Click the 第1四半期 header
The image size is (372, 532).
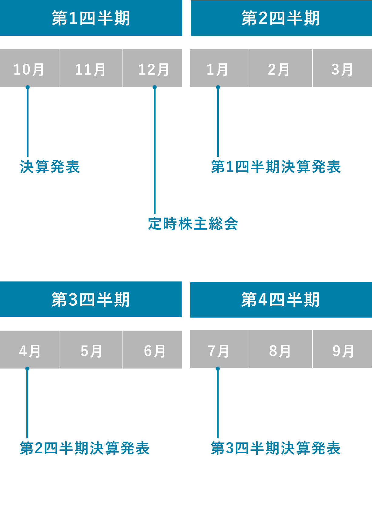pos(91,18)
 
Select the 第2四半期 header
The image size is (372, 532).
pos(281,18)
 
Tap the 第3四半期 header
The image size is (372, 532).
pos(91,300)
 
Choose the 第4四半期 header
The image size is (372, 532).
pos(280,300)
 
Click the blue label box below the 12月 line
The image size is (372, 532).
pos(193,224)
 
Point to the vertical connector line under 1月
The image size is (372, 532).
pos(218,121)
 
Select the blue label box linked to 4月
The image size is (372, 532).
pos(85,448)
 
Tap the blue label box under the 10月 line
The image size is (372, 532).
pos(50,167)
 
